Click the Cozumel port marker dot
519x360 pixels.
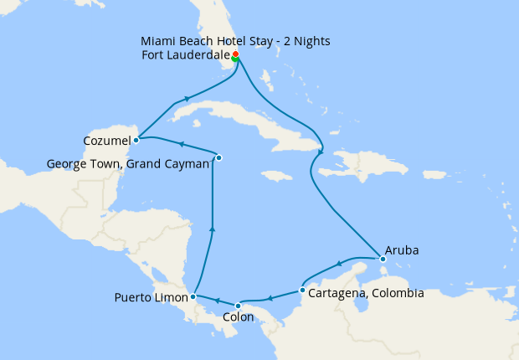point(136,140)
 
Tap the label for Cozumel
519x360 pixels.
point(106,140)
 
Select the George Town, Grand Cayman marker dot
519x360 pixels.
point(218,157)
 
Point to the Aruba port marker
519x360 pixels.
point(382,259)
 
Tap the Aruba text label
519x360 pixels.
point(402,250)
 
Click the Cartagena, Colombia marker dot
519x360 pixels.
point(302,291)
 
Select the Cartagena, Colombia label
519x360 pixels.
point(366,293)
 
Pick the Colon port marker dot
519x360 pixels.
point(238,305)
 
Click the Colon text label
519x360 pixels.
point(239,318)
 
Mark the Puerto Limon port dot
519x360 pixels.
point(193,296)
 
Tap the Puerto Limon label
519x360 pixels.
point(150,297)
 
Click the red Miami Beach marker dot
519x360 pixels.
point(235,54)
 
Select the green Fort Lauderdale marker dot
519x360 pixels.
point(235,59)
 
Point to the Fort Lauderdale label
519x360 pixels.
point(186,55)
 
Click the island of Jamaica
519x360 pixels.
point(276,176)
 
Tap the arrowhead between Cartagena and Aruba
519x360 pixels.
point(338,264)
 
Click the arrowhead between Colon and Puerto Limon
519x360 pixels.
point(217,300)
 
